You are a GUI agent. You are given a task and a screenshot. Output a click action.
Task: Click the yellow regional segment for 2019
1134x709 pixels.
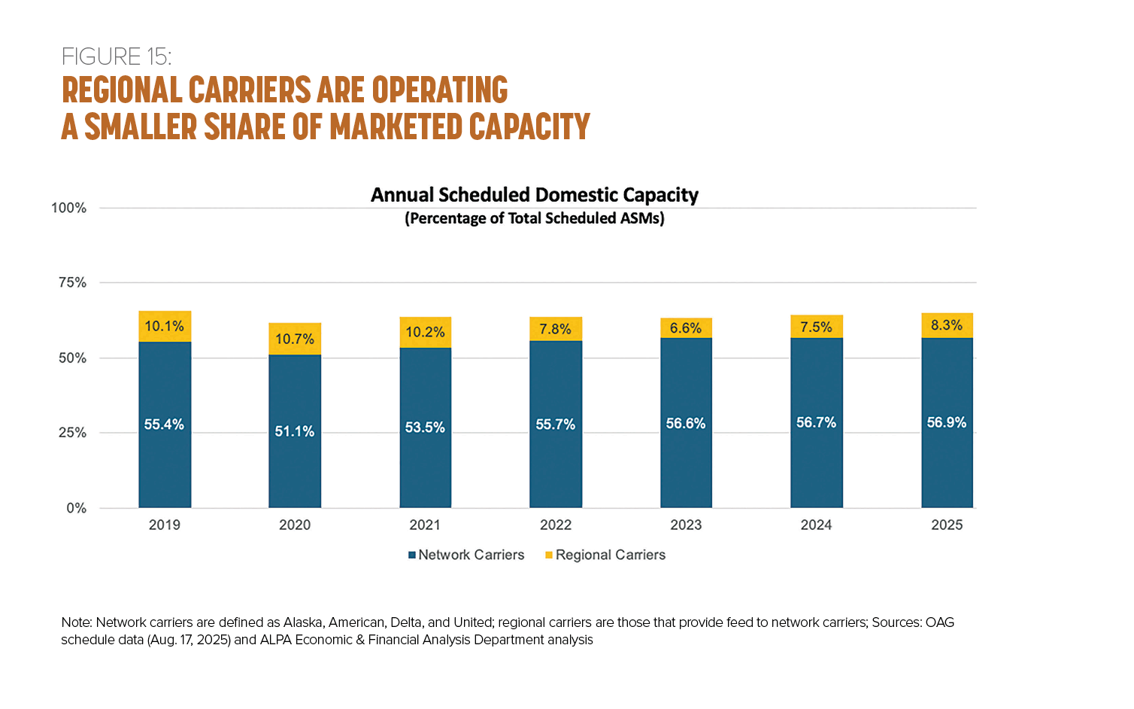tap(165, 327)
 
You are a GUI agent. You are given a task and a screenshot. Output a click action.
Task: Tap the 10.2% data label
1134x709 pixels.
tap(426, 332)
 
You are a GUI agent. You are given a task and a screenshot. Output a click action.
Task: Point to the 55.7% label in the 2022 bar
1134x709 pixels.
tap(556, 424)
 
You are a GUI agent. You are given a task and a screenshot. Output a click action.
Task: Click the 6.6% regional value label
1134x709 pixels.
tap(686, 328)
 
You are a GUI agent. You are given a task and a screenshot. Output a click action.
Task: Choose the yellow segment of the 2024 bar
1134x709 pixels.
tap(817, 327)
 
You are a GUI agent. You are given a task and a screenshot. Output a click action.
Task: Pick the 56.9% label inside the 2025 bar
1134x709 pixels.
tap(947, 422)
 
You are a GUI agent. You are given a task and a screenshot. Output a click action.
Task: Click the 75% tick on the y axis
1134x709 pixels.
tap(72, 282)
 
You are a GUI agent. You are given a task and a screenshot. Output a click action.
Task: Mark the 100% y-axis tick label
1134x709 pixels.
tap(68, 208)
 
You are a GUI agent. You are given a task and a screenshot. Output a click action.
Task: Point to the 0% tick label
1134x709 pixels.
tap(76, 508)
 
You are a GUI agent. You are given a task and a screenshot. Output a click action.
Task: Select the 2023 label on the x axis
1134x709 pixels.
tap(686, 525)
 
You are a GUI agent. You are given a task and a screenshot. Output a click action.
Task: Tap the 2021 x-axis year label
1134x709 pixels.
tap(425, 525)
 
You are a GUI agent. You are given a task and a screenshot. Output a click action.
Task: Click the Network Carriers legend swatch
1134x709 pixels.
tap(412, 555)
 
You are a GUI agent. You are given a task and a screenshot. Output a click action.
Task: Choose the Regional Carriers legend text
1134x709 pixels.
tap(611, 555)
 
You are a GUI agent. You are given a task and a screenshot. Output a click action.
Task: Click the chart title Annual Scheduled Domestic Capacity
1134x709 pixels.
tap(535, 195)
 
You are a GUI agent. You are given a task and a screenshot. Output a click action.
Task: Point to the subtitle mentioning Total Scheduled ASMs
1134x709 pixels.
tap(535, 218)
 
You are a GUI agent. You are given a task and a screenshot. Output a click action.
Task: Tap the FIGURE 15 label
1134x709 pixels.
tap(117, 56)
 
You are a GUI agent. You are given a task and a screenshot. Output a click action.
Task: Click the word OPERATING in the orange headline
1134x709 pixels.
tap(440, 90)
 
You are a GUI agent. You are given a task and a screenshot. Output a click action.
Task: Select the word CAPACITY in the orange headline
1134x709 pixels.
tap(529, 126)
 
